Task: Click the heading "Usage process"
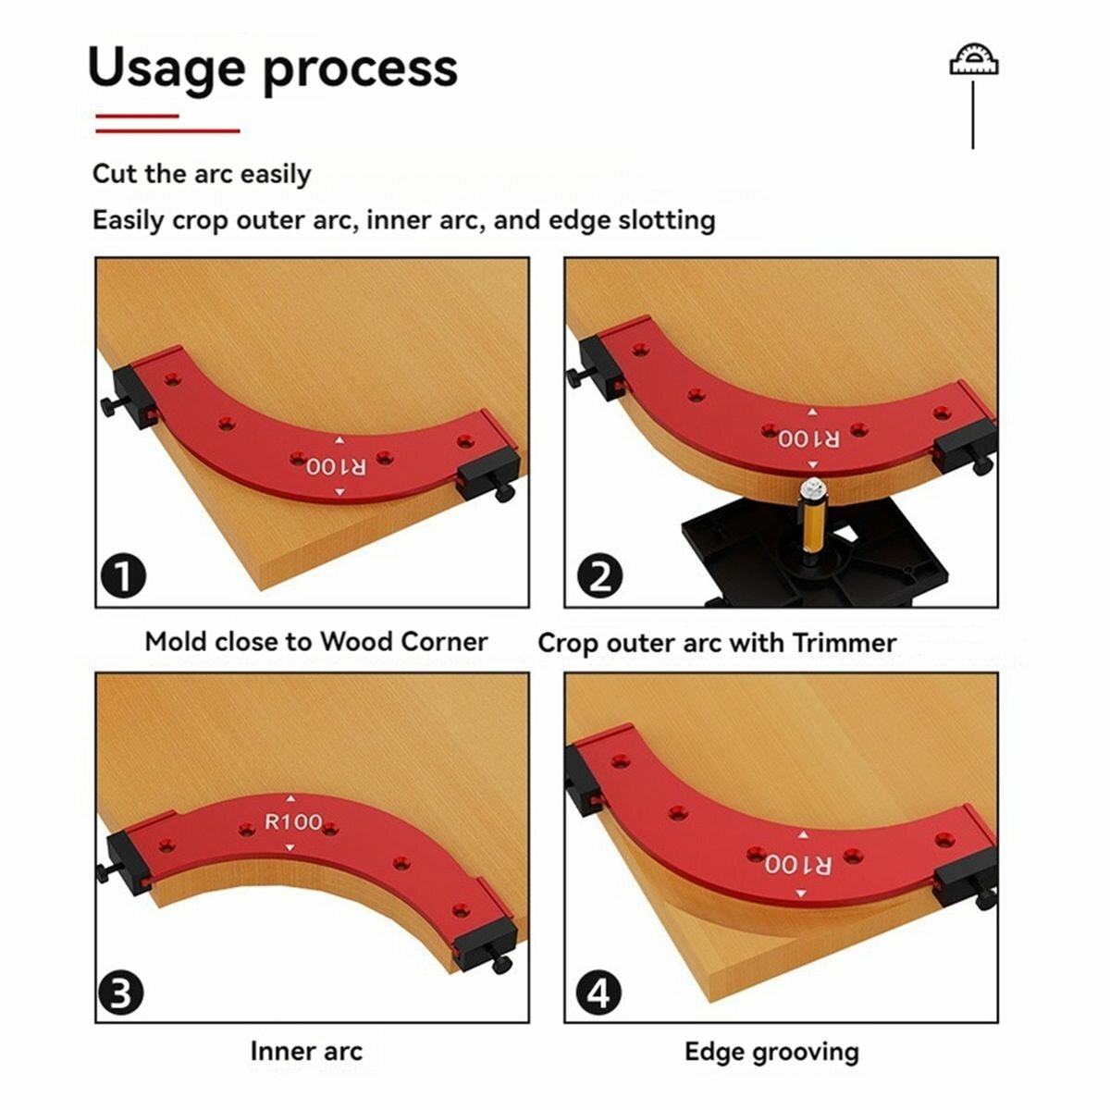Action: click(272, 68)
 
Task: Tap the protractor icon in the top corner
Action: click(974, 62)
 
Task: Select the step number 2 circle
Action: click(600, 577)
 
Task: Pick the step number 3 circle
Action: click(121, 995)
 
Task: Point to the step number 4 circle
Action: click(600, 995)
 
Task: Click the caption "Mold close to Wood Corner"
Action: click(315, 642)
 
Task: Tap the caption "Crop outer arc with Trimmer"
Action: click(717, 643)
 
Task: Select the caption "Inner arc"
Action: click(306, 1051)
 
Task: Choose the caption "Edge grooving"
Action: click(771, 1051)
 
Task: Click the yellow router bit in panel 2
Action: click(813, 517)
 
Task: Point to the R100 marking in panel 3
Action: click(293, 821)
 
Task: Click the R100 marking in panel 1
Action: click(337, 466)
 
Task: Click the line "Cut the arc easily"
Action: click(202, 174)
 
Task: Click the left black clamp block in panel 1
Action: click(131, 393)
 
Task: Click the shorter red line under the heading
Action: click(137, 116)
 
